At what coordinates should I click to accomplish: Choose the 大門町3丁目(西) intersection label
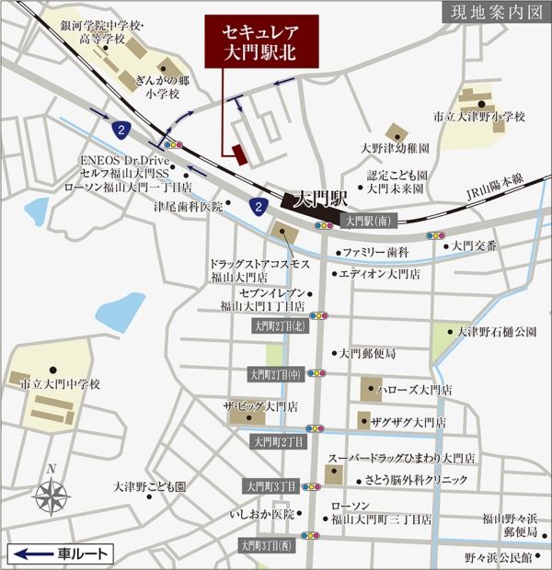click(x=267, y=545)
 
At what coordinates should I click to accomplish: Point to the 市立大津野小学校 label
click(x=479, y=117)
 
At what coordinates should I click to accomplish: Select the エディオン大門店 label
click(x=379, y=274)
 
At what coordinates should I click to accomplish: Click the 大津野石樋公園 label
click(x=497, y=331)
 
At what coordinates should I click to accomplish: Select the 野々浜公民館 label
click(x=498, y=556)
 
